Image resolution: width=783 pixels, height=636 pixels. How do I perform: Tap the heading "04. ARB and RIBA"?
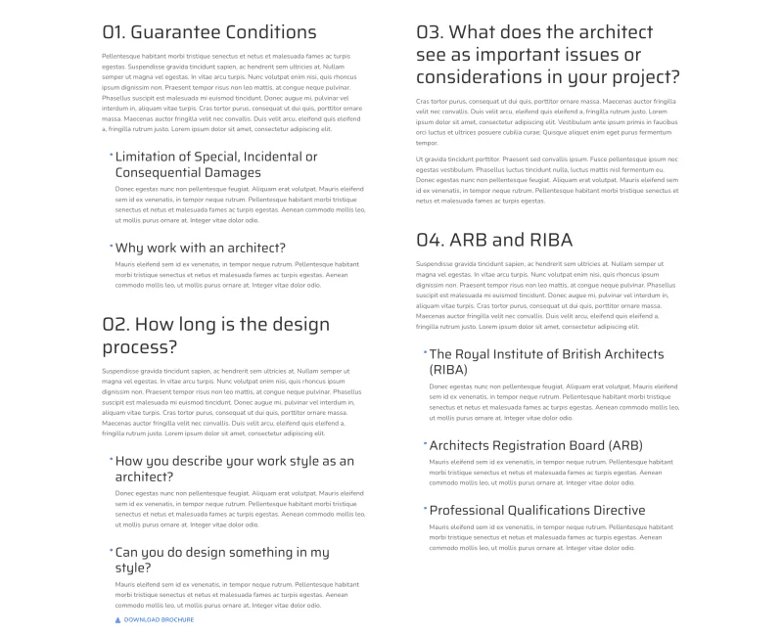point(493,240)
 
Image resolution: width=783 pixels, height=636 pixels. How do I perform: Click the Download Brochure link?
point(159,619)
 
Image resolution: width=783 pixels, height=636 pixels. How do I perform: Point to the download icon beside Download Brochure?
point(118,619)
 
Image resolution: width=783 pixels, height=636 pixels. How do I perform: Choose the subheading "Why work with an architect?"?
point(200,248)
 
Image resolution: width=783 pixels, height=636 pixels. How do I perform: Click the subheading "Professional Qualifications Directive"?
point(536,510)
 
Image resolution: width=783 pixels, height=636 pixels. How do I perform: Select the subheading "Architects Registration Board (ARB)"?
point(535,445)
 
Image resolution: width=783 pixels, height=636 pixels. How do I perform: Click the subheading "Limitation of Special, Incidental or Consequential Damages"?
point(215,164)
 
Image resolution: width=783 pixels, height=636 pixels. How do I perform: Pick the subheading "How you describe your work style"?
point(234,469)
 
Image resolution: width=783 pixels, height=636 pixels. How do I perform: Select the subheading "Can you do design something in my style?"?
point(221,560)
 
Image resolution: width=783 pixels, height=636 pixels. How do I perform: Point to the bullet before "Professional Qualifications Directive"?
point(425,507)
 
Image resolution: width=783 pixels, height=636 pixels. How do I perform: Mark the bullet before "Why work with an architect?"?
point(111,245)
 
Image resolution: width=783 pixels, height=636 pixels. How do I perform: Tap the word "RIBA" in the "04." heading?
point(544,240)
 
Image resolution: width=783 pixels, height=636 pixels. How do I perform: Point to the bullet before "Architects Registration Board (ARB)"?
point(425,442)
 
